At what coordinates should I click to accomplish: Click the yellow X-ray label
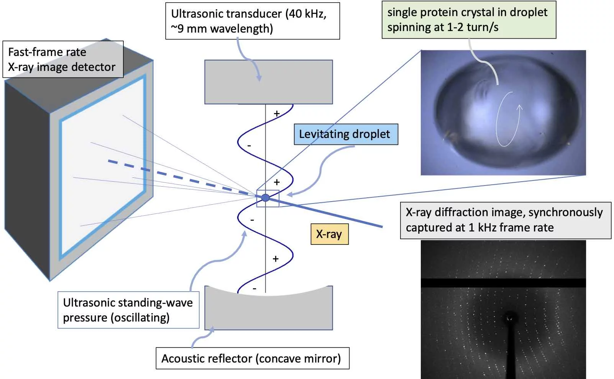[329, 234]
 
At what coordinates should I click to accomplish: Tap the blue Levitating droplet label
[346, 134]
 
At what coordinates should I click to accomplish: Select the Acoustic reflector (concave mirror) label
[252, 358]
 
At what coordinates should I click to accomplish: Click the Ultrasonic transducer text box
[252, 21]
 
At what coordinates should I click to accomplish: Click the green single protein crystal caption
[468, 20]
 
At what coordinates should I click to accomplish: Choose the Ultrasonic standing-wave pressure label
[128, 310]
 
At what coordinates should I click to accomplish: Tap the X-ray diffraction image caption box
[505, 220]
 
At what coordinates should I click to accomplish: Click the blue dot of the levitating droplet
[265, 198]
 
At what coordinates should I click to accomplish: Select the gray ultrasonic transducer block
[268, 82]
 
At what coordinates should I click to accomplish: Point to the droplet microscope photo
[503, 113]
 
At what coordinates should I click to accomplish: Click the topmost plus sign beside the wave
[277, 114]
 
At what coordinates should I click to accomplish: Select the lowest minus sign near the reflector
[254, 289]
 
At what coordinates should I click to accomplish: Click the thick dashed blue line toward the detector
[180, 178]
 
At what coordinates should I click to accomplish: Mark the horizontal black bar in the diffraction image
[503, 283]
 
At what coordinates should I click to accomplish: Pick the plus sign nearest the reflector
[276, 259]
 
